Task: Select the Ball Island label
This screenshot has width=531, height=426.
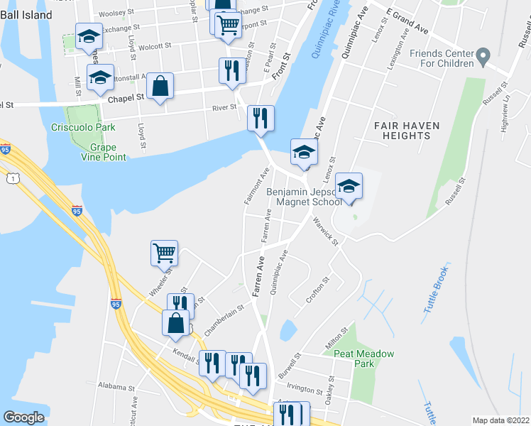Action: tap(26, 15)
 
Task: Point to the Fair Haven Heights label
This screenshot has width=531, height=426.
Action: tap(407, 131)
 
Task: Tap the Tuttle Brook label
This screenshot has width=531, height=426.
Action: tap(436, 291)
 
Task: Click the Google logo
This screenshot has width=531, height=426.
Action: tap(23, 417)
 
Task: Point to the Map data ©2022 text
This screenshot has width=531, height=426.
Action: tap(500, 420)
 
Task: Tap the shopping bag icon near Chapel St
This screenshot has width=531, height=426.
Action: tap(161, 87)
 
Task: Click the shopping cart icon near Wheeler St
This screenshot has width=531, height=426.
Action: tap(164, 253)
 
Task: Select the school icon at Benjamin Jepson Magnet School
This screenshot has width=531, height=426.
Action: tap(348, 186)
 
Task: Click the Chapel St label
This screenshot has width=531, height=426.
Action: tap(126, 99)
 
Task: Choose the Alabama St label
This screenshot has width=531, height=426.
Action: tap(116, 388)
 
